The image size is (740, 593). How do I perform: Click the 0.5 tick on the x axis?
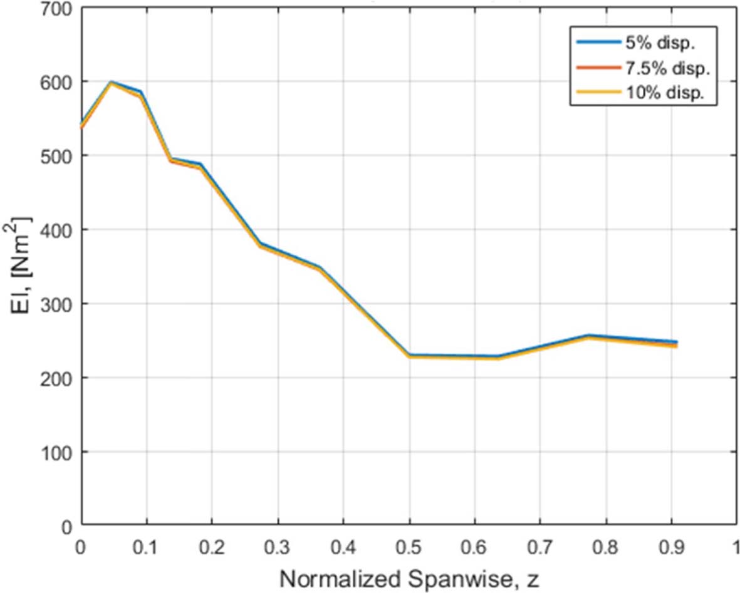pos(409,547)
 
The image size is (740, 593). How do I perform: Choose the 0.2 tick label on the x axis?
pos(211,547)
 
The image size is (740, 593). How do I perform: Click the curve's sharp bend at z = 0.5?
pos(410,356)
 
